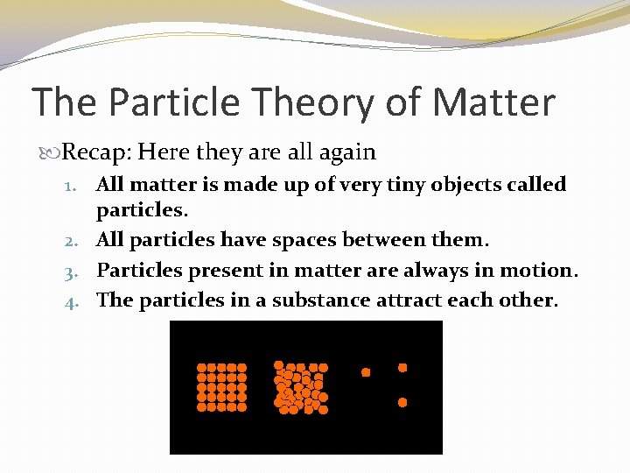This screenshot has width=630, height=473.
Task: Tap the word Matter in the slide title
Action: [493, 102]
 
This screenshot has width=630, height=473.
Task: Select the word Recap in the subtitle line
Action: [96, 152]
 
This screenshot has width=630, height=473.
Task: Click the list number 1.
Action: [75, 185]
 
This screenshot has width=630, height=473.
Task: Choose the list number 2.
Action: [75, 240]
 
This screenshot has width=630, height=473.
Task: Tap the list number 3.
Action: [75, 271]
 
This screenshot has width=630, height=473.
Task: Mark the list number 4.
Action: [75, 300]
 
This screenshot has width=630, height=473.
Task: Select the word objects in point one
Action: [465, 185]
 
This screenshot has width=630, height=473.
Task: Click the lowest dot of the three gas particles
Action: [402, 402]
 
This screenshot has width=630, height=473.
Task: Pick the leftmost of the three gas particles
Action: [366, 372]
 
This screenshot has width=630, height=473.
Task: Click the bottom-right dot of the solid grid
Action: [242, 406]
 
